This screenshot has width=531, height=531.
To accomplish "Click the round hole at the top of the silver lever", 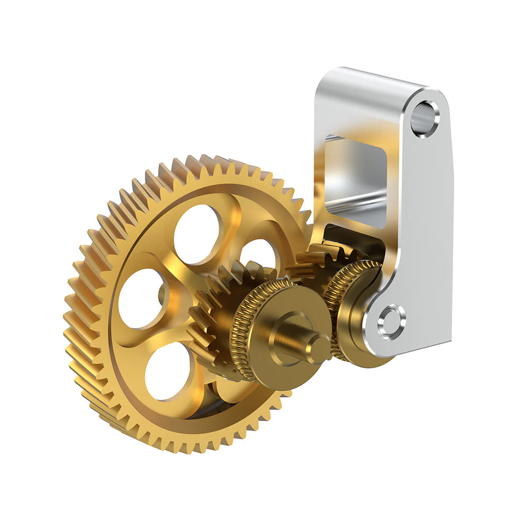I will coord(425,118).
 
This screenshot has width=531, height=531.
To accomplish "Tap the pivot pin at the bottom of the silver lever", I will coord(391,322).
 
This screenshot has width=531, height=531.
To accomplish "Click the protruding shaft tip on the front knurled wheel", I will coord(318,348).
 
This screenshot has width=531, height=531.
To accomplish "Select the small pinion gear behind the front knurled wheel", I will coord(212,313).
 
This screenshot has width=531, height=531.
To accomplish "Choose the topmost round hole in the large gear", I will coord(196,234).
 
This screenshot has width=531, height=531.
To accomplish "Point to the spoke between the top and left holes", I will coord(154,255).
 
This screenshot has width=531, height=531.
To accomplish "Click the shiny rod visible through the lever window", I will coord(350,199).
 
